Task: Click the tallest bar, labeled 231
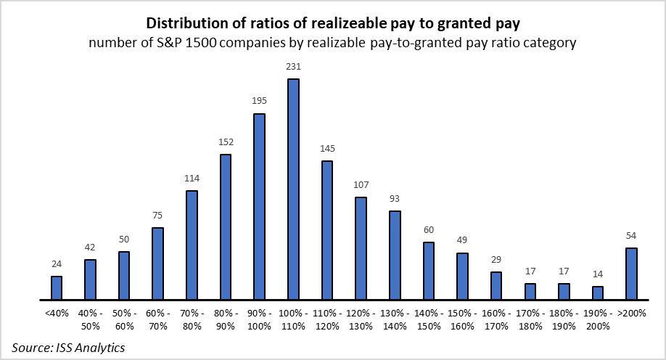tap(293, 189)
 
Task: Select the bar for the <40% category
tap(57, 288)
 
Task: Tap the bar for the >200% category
tap(631, 274)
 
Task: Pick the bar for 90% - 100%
tap(259, 207)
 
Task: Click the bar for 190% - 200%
tap(597, 292)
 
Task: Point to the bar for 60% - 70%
tap(157, 263)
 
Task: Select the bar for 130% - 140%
tap(395, 255)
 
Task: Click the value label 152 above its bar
tap(225, 142)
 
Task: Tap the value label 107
tap(361, 184)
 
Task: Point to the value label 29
tap(496, 260)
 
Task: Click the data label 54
tap(631, 236)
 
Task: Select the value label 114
tap(192, 179)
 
